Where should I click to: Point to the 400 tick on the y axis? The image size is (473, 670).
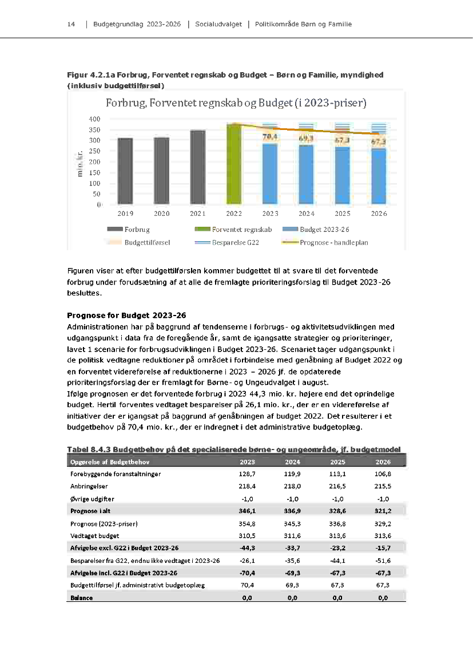95,119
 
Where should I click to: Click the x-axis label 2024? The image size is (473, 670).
307,214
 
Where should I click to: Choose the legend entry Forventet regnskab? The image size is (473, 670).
241,230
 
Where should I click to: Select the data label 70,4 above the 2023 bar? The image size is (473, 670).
270,137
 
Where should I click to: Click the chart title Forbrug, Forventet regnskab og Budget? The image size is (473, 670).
236,104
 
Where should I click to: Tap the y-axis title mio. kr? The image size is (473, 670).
81,161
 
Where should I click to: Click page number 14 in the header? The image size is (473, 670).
71,24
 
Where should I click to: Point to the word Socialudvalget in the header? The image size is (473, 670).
217,24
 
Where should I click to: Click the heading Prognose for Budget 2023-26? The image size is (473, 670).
126,316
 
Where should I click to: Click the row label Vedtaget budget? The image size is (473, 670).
95,535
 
